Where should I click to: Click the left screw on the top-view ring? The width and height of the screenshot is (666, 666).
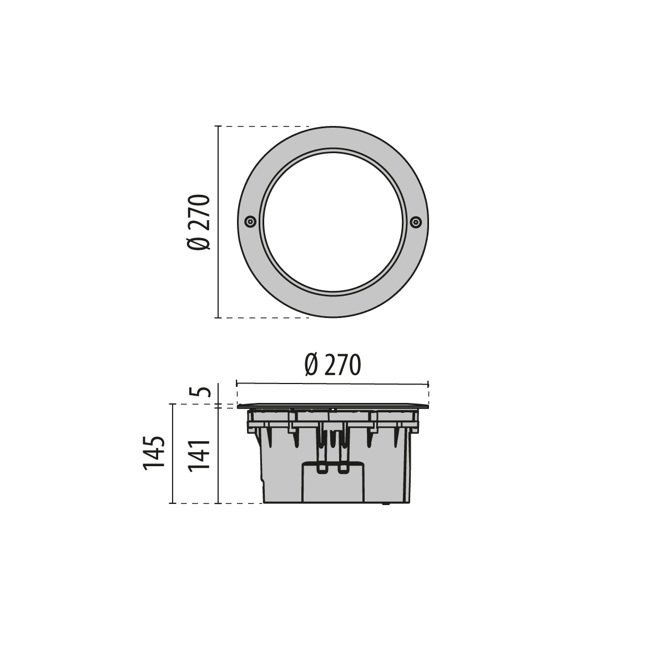coord(250,221)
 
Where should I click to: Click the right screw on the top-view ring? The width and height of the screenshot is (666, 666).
coord(416,221)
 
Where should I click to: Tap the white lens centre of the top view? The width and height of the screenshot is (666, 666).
coord(333,221)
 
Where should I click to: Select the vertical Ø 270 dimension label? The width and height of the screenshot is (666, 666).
coord(199,222)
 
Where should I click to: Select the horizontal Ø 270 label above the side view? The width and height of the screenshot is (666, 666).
coord(333,365)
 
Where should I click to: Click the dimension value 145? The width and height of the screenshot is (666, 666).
coord(154,453)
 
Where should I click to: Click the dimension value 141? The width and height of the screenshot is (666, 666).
coord(199,455)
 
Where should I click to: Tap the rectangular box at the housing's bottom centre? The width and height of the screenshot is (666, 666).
coord(333,482)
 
